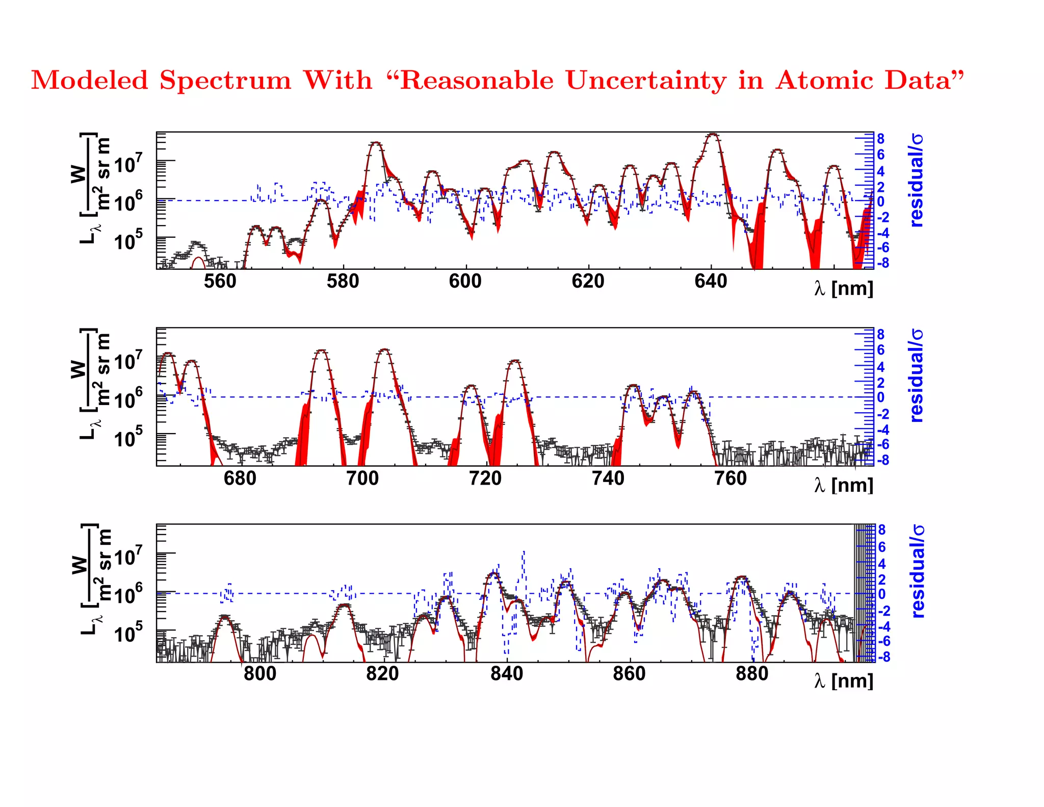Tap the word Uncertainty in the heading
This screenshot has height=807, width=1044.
tap(646, 81)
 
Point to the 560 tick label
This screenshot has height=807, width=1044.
tap(220, 281)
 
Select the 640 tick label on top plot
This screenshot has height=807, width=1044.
tap(711, 281)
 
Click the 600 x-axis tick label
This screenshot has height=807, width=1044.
tap(465, 281)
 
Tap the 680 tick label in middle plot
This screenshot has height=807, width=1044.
tap(240, 478)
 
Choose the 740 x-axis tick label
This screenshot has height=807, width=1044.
tap(608, 478)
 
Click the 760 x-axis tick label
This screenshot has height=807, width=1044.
tap(730, 478)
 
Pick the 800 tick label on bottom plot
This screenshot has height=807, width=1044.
tap(260, 673)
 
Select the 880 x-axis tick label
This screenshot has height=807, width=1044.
tap(751, 673)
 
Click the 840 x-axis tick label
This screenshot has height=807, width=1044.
tap(506, 673)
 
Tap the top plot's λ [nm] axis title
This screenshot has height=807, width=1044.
tap(844, 289)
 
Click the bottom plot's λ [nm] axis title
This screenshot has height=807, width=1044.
tap(844, 681)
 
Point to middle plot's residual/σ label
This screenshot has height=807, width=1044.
tap(917, 375)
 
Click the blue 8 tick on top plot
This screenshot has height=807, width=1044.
tap(880, 139)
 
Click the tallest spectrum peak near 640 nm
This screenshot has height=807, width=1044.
tap(713, 135)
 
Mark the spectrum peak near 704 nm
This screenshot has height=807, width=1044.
tap(384, 350)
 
